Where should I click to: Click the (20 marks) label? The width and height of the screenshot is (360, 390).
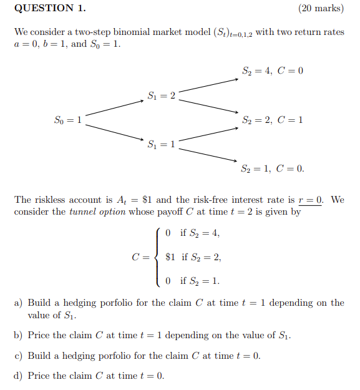tap(321, 8)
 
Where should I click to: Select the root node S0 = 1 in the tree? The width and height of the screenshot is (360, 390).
tap(68, 120)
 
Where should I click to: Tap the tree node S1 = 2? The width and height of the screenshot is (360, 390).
tap(162, 95)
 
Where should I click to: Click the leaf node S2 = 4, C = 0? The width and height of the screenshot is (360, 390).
tap(272, 71)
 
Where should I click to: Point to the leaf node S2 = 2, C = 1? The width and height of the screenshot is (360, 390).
tap(272, 120)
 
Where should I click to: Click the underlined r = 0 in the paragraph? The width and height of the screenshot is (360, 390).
tap(311, 200)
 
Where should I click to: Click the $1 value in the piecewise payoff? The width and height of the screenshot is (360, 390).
tap(170, 256)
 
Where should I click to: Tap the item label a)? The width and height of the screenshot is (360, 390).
tap(19, 303)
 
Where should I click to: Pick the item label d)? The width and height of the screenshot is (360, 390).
tap(19, 376)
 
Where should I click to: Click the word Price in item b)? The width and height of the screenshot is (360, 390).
tap(40, 336)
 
